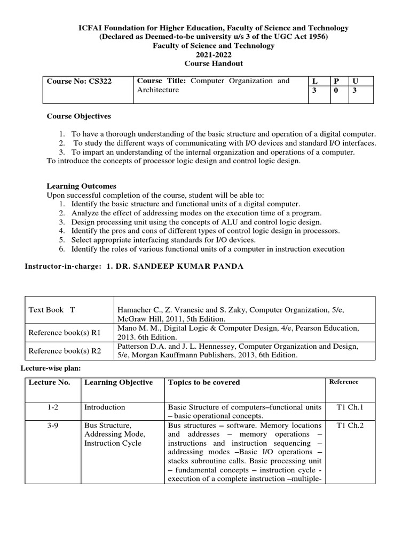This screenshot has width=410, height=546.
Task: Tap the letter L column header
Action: [314, 81]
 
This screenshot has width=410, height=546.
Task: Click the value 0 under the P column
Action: [336, 91]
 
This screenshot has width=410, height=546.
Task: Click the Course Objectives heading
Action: [78, 116]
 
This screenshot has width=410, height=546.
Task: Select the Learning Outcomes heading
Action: [81, 186]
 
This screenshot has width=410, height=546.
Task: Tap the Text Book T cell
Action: [52, 310]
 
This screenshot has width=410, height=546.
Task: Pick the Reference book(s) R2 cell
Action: [65, 351]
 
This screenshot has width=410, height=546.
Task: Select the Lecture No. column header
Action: [49, 382]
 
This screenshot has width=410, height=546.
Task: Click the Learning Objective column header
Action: [119, 382]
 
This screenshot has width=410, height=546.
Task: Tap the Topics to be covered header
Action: [204, 382]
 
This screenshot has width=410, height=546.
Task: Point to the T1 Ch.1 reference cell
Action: [350, 407]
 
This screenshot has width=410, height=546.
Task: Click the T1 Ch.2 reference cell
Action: [350, 425]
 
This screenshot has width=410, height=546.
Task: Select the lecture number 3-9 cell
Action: [52, 425]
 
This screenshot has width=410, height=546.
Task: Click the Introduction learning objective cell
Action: [105, 407]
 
